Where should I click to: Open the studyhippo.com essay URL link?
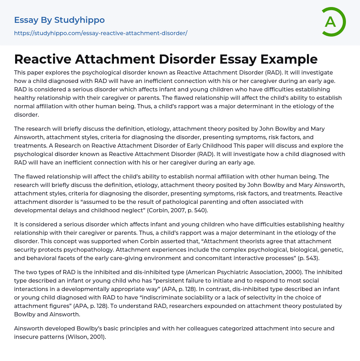[x=101, y=33]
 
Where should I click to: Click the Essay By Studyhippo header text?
[x=59, y=20]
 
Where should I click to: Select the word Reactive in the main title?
[x=46, y=59]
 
